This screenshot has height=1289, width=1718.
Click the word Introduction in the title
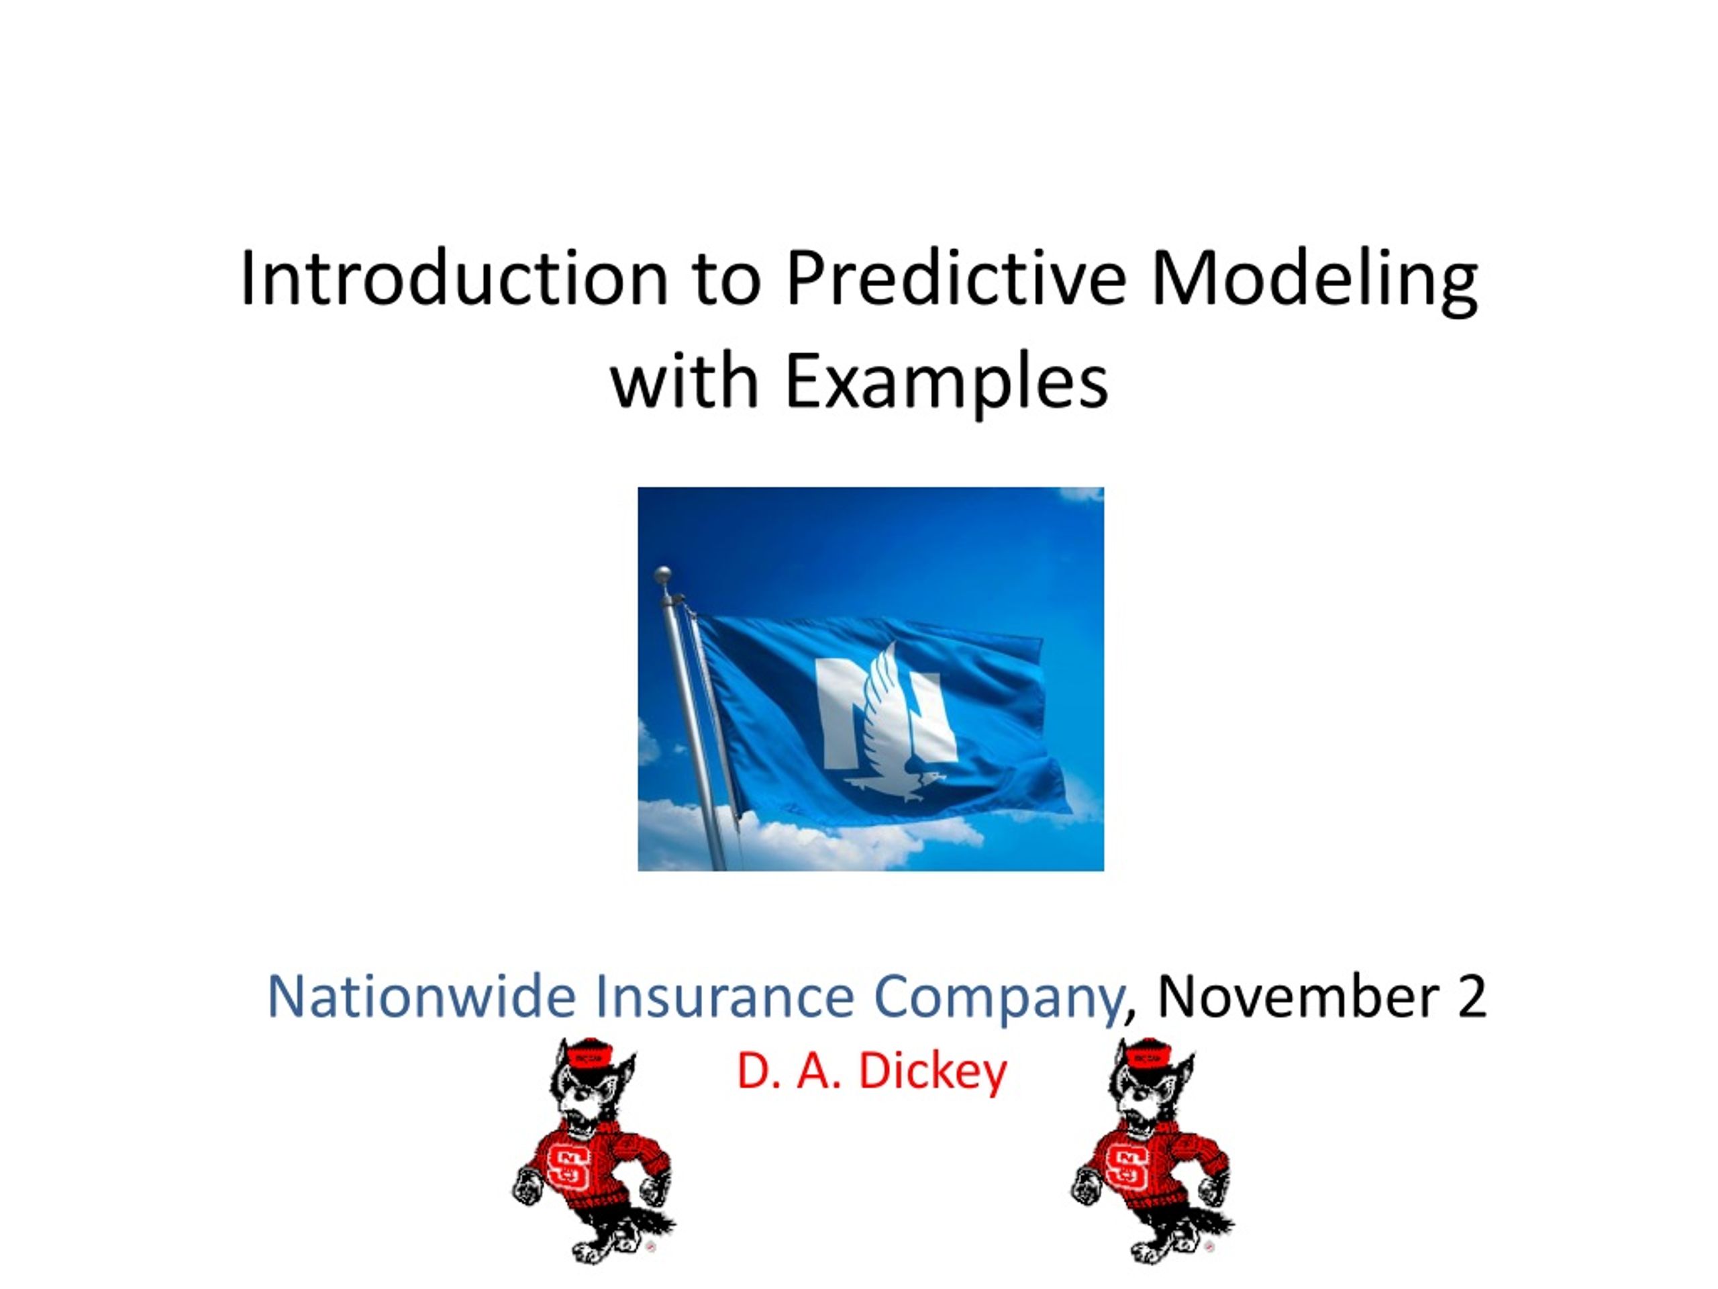(x=454, y=278)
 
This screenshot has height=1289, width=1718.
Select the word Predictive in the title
(x=956, y=278)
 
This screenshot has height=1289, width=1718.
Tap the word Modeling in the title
(x=1314, y=282)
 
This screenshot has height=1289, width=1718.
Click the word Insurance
(x=725, y=996)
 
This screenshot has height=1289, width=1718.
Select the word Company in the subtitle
(x=998, y=999)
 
